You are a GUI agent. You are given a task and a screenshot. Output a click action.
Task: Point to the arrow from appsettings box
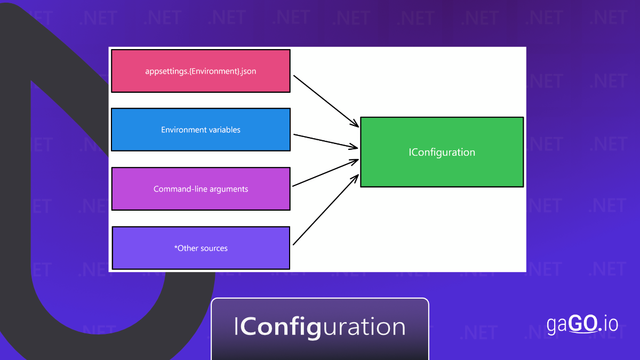point(325,100)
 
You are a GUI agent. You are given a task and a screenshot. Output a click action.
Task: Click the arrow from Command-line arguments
point(325,173)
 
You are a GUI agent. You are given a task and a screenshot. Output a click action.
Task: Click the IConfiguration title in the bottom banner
point(320,326)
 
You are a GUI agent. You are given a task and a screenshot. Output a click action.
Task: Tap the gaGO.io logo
point(582,324)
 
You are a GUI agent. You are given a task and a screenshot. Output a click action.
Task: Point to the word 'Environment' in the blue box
point(179,130)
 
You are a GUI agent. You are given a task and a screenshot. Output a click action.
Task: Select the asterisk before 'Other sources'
point(176,247)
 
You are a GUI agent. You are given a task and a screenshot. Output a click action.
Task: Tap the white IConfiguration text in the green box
point(442,152)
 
